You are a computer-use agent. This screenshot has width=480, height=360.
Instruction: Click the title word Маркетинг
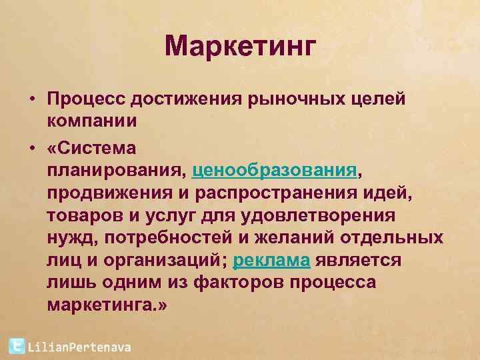(x=239, y=47)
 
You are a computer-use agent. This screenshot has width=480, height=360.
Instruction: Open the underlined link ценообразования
(x=274, y=169)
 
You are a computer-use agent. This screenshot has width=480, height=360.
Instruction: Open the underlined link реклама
(x=271, y=259)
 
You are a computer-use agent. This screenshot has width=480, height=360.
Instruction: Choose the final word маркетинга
(x=106, y=305)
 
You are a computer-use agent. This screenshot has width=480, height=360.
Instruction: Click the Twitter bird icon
(x=17, y=346)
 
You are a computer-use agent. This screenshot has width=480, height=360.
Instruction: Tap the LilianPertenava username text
(x=79, y=347)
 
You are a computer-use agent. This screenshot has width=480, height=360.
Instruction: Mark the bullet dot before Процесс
(x=31, y=99)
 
